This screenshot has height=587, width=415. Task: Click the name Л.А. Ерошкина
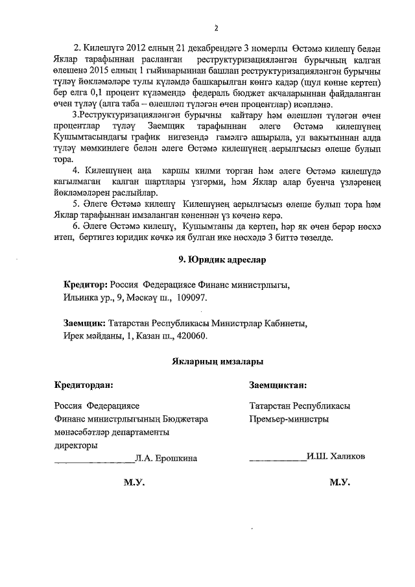click(165, 459)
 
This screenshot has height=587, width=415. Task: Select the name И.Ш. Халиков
click(336, 457)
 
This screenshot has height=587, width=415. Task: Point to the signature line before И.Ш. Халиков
click(278, 459)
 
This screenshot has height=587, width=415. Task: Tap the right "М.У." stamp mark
click(340, 483)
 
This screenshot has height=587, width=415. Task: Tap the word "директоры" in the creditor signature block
click(76, 446)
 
